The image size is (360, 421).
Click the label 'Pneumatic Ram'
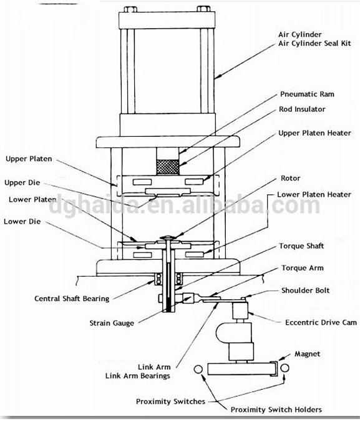307,94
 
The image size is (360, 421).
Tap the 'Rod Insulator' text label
302,109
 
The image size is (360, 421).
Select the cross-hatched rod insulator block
168,167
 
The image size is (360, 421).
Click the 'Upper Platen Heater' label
314,133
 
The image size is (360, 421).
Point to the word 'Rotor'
290,178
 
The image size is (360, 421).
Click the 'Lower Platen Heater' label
314,195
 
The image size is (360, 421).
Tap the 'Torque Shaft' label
301,246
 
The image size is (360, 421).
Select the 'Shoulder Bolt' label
305,290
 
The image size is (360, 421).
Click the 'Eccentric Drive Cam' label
321,322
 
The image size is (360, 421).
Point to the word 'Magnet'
307,354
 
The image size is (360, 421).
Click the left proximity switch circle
198,369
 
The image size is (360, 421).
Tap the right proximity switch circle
285,368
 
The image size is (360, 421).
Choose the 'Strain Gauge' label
112,323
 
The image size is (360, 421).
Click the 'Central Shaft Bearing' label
72,299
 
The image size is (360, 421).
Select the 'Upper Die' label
22,183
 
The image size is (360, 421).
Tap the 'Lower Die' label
22,222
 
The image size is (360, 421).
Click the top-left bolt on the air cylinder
130,9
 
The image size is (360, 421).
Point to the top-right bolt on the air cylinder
203,9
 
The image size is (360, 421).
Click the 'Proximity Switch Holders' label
276,410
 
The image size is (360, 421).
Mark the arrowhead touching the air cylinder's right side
218,76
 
